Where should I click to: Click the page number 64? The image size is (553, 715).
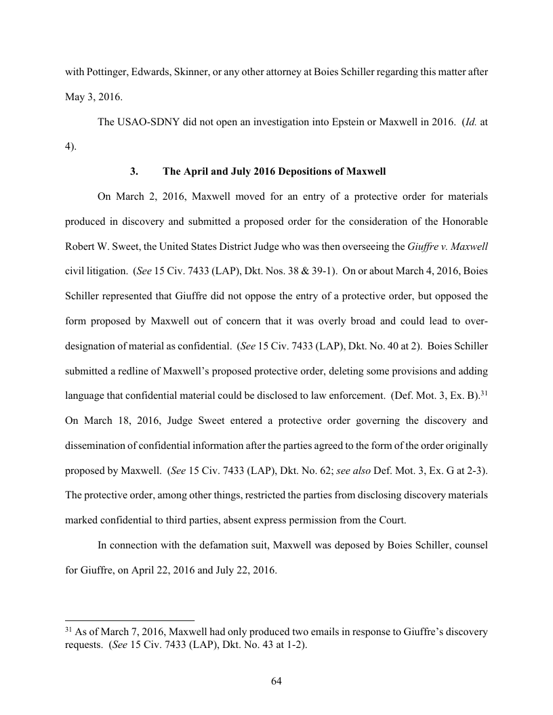276,681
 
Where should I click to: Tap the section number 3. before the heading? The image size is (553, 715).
134,171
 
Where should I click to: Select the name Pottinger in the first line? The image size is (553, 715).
110,71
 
